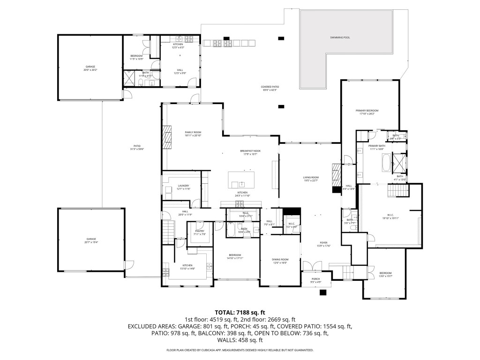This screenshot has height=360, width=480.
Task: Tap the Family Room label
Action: tap(192, 133)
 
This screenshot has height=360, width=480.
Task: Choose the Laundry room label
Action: tap(183, 187)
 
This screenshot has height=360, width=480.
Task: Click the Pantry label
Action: tap(200, 232)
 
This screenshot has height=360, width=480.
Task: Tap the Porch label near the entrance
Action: tap(316, 280)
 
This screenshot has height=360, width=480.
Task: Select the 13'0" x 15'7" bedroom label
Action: tap(385, 274)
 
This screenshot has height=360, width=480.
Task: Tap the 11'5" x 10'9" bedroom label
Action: tap(136, 57)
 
